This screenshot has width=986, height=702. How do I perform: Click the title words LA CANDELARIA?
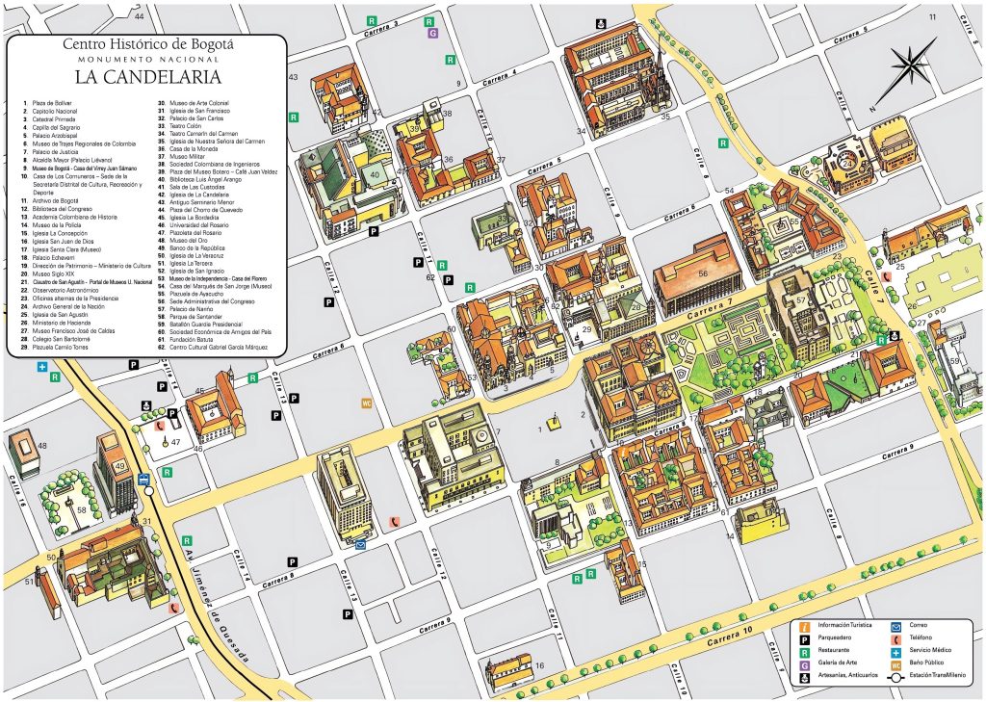pos(145,75)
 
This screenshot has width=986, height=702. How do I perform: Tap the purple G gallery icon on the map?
pos(433,33)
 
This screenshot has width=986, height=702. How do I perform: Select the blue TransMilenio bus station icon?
pos(143,479)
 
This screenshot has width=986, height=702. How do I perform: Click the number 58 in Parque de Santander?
pos(83,509)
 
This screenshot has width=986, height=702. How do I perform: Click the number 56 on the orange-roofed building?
pos(703,273)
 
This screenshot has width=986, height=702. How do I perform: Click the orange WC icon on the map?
pos(366,403)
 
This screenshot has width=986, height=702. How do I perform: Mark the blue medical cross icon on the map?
pos(42,367)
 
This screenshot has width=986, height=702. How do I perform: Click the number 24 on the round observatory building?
pos(846,164)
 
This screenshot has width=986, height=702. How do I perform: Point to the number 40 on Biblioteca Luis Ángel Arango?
pos(374,174)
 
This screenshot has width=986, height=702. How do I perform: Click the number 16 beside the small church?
pos(539,665)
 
